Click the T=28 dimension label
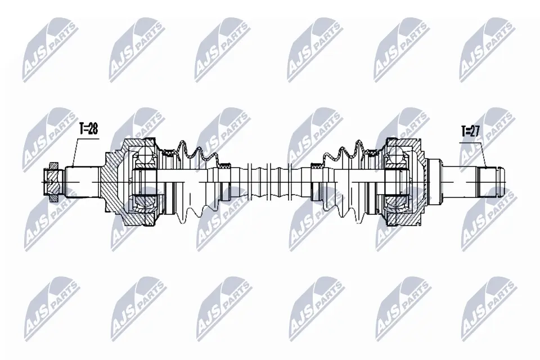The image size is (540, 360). (89, 129)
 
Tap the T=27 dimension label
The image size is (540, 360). (470, 131)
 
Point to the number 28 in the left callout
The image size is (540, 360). (93, 129)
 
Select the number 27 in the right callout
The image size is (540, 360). (475, 131)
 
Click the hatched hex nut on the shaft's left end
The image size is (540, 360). (52, 182)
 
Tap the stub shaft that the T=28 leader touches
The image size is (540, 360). (82, 182)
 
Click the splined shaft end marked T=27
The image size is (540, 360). (486, 182)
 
